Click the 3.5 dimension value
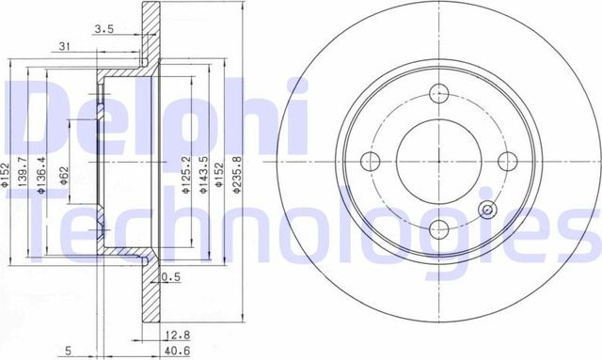(104, 29)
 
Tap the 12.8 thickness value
(170, 333)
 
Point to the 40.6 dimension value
(171, 352)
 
